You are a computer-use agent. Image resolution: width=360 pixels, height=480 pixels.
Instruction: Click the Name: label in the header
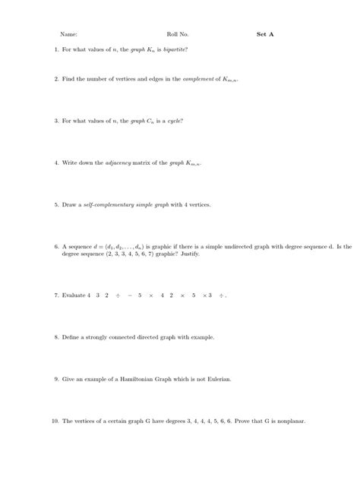pyautogui.click(x=69, y=34)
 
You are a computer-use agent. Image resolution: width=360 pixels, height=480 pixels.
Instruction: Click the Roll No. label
pyautogui.click(x=178, y=34)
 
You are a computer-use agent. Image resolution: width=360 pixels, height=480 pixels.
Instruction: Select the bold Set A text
pyautogui.click(x=266, y=34)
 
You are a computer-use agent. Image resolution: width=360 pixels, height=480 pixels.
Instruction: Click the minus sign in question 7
pyautogui.click(x=130, y=295)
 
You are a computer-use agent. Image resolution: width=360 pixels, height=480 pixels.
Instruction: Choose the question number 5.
pyautogui.click(x=56, y=205)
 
